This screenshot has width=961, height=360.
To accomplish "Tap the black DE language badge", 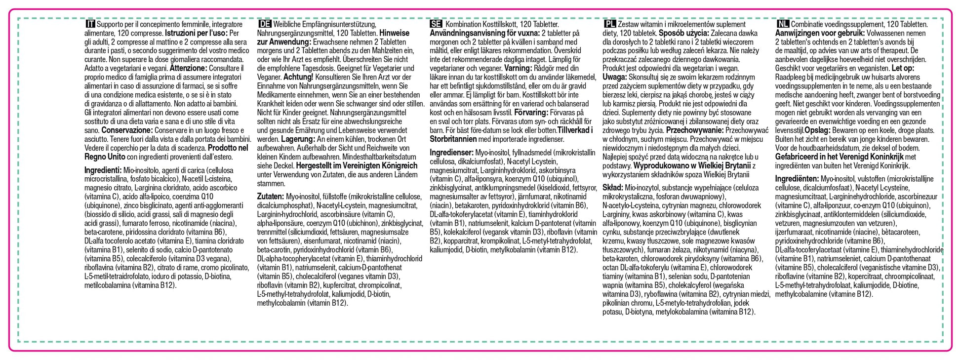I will pyautogui.click(x=265, y=24).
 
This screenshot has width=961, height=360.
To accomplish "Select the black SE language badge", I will pyautogui.click(x=436, y=24).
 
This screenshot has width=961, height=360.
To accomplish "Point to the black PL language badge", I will pyautogui.click(x=610, y=24).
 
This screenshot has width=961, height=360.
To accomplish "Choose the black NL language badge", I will pyautogui.click(x=783, y=24).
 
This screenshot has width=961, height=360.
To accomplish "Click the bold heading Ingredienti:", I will pyautogui.click(x=103, y=170).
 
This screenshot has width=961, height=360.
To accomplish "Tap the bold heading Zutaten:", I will pyautogui.click(x=271, y=197).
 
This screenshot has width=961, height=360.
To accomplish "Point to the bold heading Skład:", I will pyautogui.click(x=612, y=188).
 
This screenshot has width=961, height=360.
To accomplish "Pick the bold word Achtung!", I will pyautogui.click(x=298, y=77).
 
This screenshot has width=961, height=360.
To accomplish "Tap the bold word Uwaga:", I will pyautogui.click(x=615, y=77).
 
